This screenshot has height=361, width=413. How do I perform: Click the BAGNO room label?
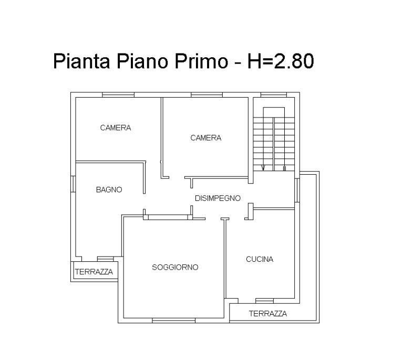109,190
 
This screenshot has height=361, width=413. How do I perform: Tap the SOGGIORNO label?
175,267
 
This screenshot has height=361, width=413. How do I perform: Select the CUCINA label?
260,259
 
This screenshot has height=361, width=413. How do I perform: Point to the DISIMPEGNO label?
218,198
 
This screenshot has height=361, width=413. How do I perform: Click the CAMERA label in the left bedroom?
116,128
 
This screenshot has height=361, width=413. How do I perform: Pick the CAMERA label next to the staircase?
206,137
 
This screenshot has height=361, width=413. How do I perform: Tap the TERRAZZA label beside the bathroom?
94,272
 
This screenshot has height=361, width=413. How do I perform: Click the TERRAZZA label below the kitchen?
268,313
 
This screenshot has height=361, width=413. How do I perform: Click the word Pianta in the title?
81,61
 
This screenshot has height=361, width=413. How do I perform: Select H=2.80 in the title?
281,61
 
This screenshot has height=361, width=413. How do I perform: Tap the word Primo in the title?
201,61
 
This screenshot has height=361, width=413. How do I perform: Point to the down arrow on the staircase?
263,168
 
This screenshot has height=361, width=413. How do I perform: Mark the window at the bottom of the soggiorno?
174,321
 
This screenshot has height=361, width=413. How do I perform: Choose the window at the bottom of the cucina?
264,301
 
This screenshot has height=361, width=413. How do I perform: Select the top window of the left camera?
118,95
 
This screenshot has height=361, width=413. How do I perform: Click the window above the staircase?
274,95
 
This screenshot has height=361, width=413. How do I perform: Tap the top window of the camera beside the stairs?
207,95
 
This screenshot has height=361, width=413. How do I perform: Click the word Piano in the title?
142,61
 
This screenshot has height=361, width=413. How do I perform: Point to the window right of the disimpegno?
297,190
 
